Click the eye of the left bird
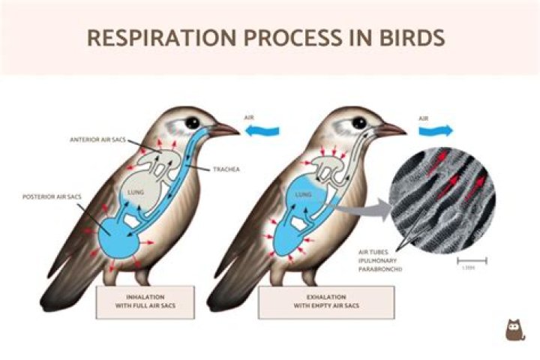click(x=193, y=122)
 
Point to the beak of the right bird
click(x=391, y=130)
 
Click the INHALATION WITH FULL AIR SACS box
click(x=145, y=302)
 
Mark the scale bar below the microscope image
click(x=472, y=261)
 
